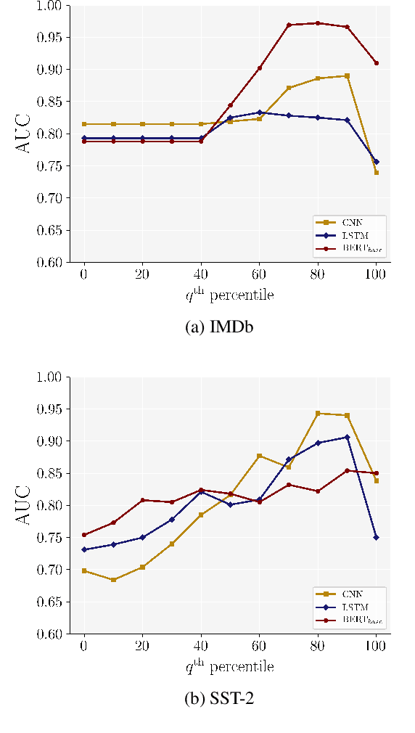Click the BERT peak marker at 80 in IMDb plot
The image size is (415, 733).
coord(318,23)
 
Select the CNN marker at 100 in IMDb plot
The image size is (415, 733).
coord(376,173)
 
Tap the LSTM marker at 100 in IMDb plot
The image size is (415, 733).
coord(376,162)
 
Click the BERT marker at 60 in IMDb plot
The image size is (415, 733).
coord(260,68)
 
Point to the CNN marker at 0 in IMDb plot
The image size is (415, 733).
coord(84,124)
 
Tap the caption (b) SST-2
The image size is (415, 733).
coord(220,699)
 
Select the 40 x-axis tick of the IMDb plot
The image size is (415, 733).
coord(201,275)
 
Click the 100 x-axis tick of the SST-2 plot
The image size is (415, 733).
coord(376,647)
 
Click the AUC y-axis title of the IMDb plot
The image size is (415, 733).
coord(24,134)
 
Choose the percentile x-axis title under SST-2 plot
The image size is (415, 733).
coord(230,666)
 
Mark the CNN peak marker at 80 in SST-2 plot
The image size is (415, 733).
coord(318,414)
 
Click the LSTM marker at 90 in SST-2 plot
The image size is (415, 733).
coord(347,437)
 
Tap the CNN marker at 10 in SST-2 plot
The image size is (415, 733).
coord(113,580)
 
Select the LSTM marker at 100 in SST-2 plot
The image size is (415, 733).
coord(376,537)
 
